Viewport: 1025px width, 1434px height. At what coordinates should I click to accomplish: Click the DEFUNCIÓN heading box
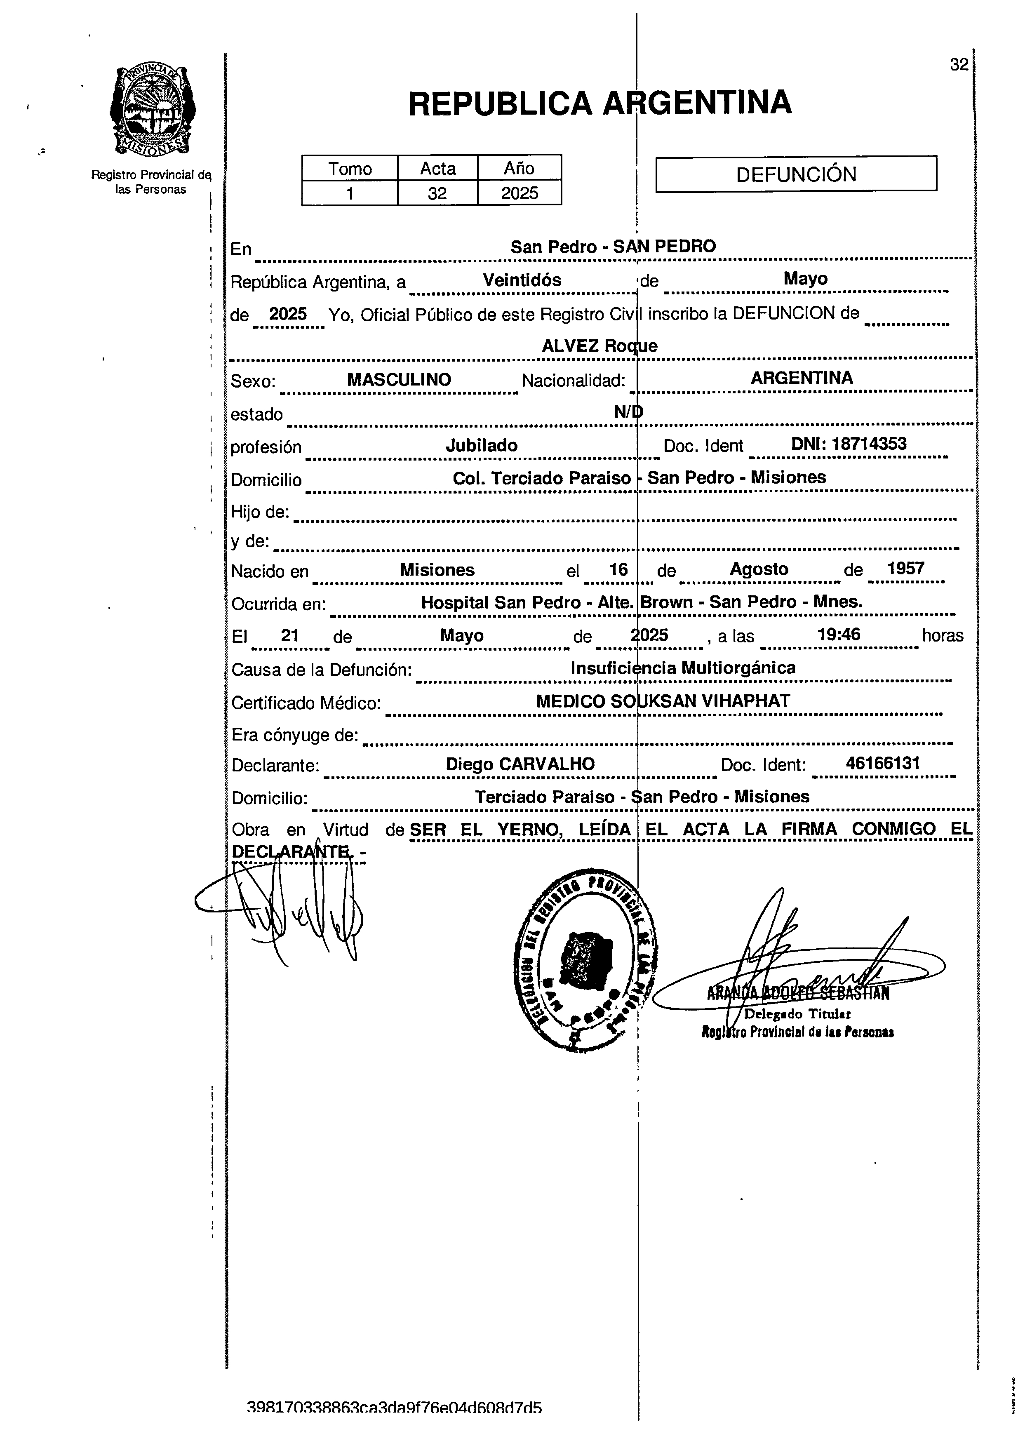pyautogui.click(x=796, y=174)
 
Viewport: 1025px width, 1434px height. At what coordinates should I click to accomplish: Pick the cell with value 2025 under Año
pyautogui.click(x=520, y=193)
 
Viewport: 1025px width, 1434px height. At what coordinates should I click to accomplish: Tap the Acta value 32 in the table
pyautogui.click(x=437, y=193)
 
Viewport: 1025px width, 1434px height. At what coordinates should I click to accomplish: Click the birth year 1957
pyautogui.click(x=906, y=569)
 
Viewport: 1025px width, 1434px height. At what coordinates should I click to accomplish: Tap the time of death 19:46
pyautogui.click(x=839, y=634)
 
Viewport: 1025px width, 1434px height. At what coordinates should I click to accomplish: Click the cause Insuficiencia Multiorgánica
pyautogui.click(x=683, y=668)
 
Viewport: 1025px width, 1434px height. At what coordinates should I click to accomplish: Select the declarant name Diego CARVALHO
pyautogui.click(x=520, y=764)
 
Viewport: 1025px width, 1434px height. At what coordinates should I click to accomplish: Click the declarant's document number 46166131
pyautogui.click(x=883, y=764)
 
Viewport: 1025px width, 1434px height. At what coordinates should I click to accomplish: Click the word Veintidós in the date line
pyautogui.click(x=522, y=280)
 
